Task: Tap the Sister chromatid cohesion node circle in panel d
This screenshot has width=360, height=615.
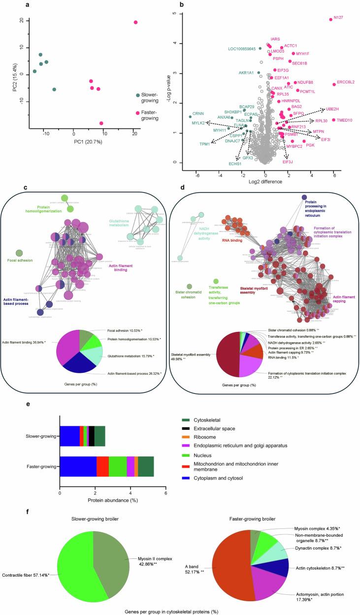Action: coord(190,287)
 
